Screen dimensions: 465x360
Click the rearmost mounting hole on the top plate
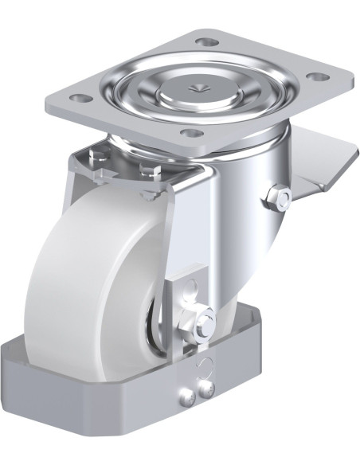pos(207,41)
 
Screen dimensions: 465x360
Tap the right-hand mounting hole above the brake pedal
pos(316,77)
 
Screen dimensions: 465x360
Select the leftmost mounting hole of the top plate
pos(80,99)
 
